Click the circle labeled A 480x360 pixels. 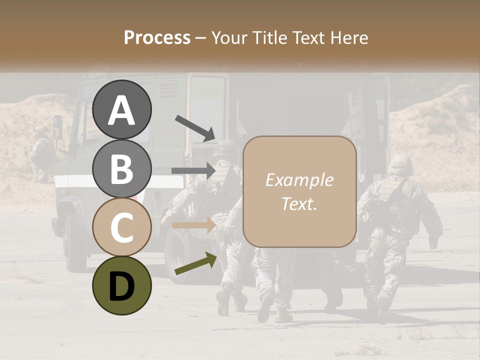(122, 110)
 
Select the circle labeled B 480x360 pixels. (122, 168)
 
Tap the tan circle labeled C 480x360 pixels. (122, 227)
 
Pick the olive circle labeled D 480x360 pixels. (122, 285)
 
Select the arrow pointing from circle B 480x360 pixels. (192, 170)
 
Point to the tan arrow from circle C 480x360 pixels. (192, 225)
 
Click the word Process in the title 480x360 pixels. (157, 37)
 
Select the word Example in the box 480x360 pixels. (299, 180)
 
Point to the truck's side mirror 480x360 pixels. (58, 127)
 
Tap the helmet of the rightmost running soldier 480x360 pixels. (400, 164)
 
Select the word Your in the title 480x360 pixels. (228, 37)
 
